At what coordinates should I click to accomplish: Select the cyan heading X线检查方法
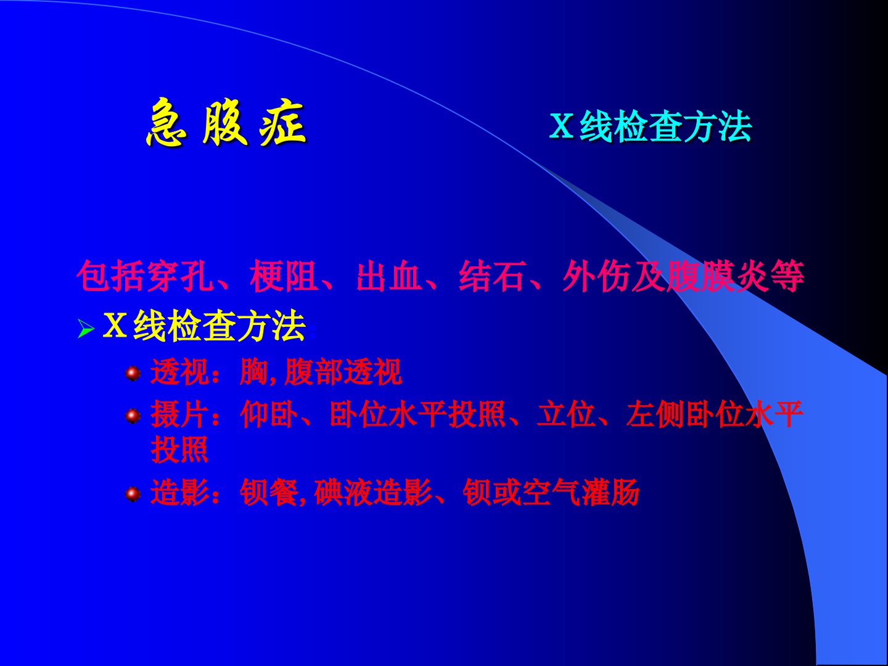650,126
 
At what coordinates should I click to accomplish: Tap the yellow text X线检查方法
204,326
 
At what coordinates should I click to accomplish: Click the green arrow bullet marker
86,329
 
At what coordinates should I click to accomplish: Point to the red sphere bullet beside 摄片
133,416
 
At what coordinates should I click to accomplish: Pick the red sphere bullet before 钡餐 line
133,494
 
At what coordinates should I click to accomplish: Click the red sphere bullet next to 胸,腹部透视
133,373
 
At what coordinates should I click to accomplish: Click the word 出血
389,276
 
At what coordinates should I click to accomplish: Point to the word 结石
493,276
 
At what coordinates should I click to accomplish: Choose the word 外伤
596,276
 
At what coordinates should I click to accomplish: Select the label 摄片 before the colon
179,414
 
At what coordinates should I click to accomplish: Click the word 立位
566,414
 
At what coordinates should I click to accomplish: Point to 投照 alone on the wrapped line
179,450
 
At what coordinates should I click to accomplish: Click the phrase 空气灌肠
581,492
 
